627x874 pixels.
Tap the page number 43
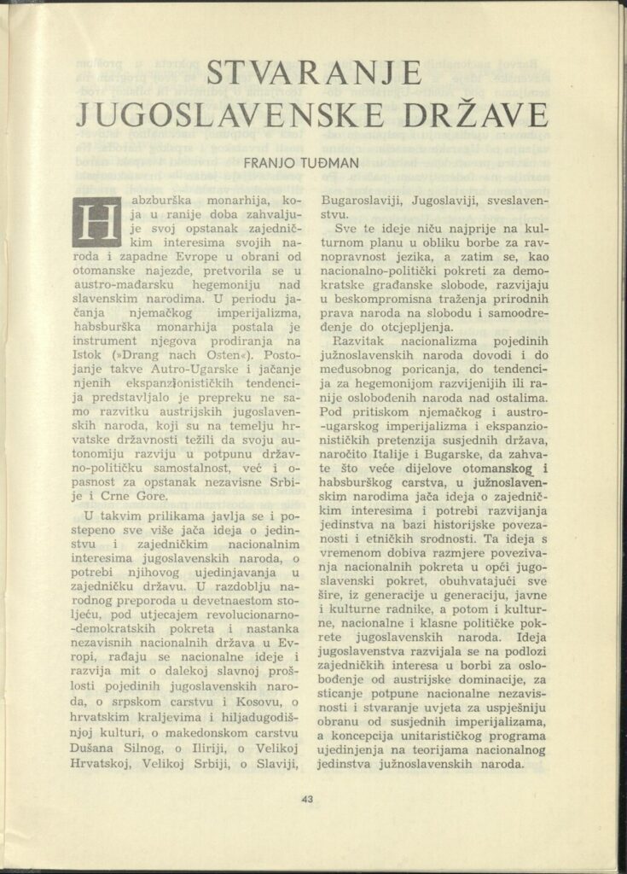pyautogui.click(x=308, y=799)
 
